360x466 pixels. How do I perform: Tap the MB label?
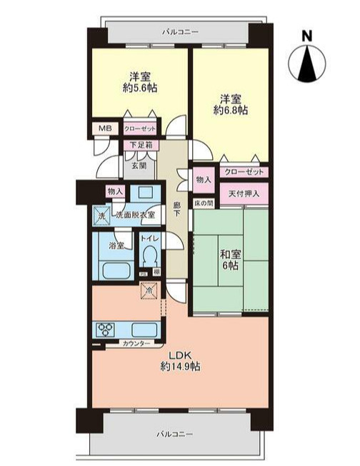coord(104,129)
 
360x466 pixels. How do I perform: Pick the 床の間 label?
coord(204,203)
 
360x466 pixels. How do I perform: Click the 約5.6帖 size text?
coord(139,88)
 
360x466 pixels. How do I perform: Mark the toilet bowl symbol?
coord(150,257)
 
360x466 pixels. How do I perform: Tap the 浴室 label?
coord(116,245)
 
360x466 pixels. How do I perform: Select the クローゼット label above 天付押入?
coord(243,173)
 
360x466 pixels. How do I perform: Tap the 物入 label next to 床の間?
coord(204,180)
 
